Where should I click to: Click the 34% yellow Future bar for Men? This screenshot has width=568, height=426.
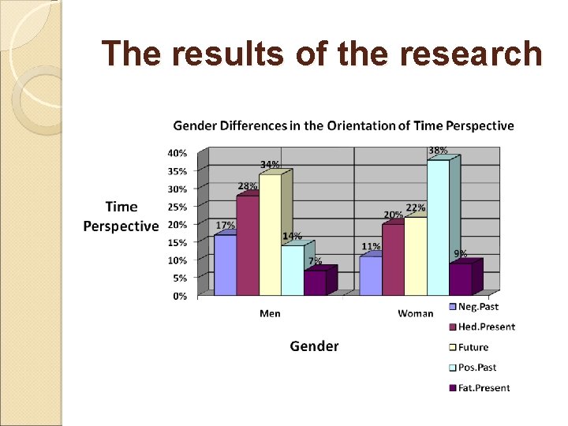pyautogui.click(x=270, y=234)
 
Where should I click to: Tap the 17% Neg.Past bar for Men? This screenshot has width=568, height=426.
pyautogui.click(x=225, y=265)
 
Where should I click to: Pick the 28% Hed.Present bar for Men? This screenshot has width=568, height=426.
pyautogui.click(x=247, y=245)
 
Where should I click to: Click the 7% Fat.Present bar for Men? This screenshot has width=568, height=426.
pyautogui.click(x=316, y=282)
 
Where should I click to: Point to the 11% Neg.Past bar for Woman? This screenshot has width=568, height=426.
pyautogui.click(x=370, y=275)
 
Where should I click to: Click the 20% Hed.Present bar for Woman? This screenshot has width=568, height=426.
pyautogui.click(x=392, y=260)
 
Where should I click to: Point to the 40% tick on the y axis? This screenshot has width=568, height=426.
pyautogui.click(x=177, y=153)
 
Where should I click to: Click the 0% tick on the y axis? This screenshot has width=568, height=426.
pyautogui.click(x=181, y=296)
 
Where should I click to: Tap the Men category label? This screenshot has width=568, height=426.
pyautogui.click(x=270, y=314)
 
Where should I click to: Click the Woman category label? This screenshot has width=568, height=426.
pyautogui.click(x=415, y=314)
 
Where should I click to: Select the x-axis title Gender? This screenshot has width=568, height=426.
pyautogui.click(x=314, y=346)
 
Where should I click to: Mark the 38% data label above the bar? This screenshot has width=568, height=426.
pyautogui.click(x=438, y=150)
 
